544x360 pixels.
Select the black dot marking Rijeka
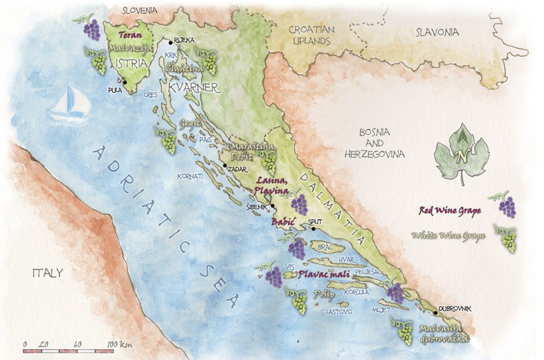coord(171,41)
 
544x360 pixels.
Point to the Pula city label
coord(115,90)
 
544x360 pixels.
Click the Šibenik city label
coord(256,207)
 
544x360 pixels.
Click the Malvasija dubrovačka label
coord(443,333)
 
